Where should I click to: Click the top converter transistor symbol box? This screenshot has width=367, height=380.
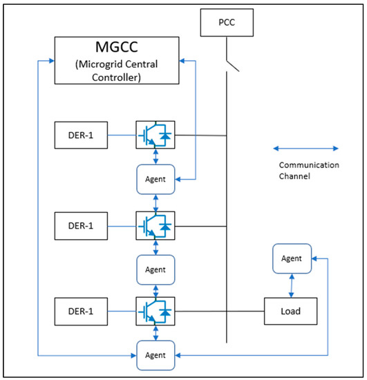(x=155, y=135)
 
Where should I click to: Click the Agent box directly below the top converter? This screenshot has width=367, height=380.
(x=155, y=180)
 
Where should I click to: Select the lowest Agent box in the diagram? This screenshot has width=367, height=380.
(x=155, y=355)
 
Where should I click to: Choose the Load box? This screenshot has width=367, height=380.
(x=291, y=311)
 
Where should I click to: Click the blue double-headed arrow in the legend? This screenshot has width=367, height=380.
(x=306, y=147)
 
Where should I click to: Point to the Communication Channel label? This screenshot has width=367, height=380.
(x=308, y=171)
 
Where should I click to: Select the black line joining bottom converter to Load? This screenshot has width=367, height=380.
(x=219, y=311)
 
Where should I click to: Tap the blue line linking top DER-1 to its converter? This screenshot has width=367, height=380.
(x=122, y=135)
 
